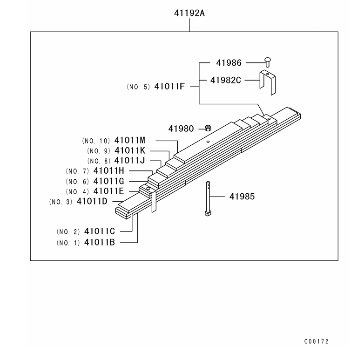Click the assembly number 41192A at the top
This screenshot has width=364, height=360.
click(189, 13)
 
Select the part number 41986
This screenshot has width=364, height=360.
click(229, 62)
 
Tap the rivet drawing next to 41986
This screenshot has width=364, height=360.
click(268, 61)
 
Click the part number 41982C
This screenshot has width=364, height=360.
click(225, 80)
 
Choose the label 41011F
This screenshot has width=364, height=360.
click(170, 86)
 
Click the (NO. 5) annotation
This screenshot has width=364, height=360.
click(138, 87)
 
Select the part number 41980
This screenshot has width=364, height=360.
click(181, 128)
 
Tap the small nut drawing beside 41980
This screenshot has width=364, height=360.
click(208, 128)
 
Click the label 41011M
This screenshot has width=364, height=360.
click(130, 140)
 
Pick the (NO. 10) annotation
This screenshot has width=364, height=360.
click(96, 141)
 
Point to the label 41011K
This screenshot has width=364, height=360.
click(130, 150)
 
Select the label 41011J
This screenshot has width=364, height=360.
click(130, 161)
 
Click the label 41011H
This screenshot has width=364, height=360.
click(108, 171)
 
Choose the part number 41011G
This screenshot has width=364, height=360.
click(108, 181)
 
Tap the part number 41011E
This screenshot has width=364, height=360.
click(108, 191)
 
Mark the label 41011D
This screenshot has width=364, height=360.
click(92, 202)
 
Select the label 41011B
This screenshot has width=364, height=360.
click(100, 242)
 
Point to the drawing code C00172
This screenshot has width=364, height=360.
click(317, 341)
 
